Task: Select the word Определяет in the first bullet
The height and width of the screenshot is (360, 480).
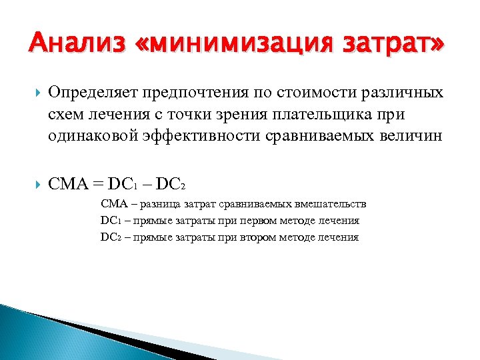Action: [90, 92]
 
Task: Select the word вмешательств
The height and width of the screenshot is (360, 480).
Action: [331, 204]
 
